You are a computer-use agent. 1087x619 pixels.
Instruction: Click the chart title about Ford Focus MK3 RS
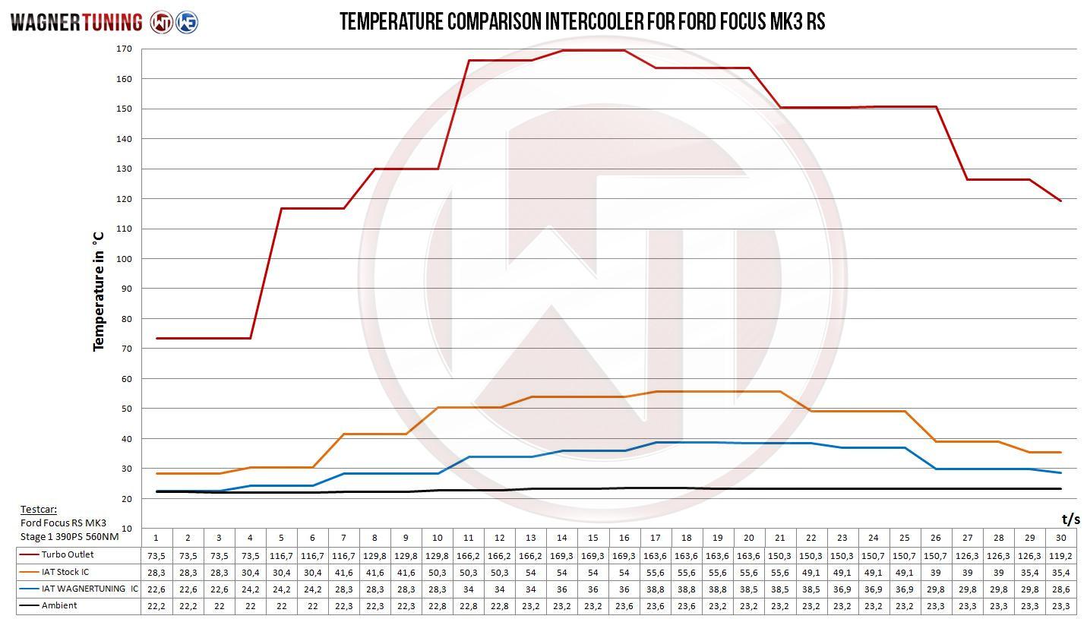click(x=582, y=22)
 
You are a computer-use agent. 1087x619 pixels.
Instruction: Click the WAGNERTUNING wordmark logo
click(x=76, y=22)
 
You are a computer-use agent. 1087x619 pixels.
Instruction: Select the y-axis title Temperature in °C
click(x=99, y=291)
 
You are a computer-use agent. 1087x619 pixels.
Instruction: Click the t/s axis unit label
click(x=1070, y=520)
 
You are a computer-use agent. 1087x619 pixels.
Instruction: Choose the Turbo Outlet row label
click(x=67, y=555)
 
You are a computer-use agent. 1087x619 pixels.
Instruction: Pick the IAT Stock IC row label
click(x=65, y=572)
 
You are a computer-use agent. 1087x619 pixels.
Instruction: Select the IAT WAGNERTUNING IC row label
click(x=90, y=589)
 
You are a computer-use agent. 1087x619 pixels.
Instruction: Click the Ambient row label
click(x=58, y=605)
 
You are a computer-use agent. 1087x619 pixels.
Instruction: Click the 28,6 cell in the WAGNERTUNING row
click(x=1061, y=589)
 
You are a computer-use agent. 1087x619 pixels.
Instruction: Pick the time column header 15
click(x=593, y=538)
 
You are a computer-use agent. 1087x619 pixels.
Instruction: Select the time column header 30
click(x=1061, y=538)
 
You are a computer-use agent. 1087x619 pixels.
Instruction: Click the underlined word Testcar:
click(x=39, y=510)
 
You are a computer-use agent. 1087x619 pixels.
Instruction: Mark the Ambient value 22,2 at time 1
click(x=156, y=605)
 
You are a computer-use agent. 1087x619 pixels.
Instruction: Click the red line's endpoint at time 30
click(x=1060, y=201)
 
